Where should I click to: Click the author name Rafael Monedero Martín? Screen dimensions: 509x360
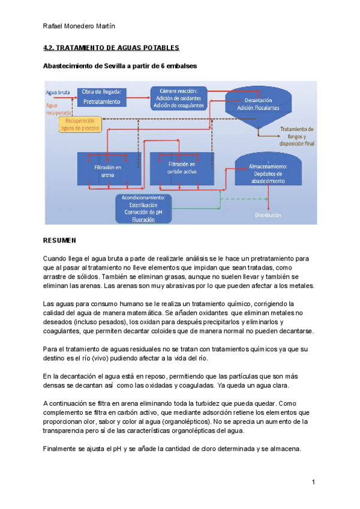[80, 26]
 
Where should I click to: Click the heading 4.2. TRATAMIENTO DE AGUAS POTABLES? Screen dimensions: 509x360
[112, 47]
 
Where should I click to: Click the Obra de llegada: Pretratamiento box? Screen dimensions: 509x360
[101, 97]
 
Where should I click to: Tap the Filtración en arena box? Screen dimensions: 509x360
[108, 170]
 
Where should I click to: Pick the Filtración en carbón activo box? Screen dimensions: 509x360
[181, 167]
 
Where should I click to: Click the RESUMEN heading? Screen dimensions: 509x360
[60, 241]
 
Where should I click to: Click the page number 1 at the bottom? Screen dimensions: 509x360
[313, 482]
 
